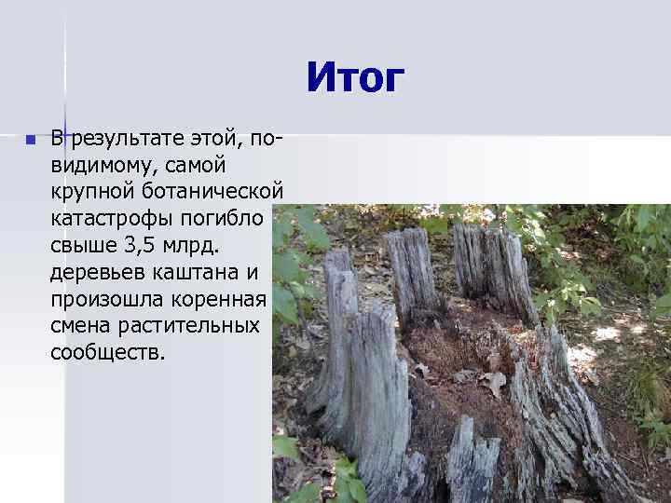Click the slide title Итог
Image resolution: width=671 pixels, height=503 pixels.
point(355,78)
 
